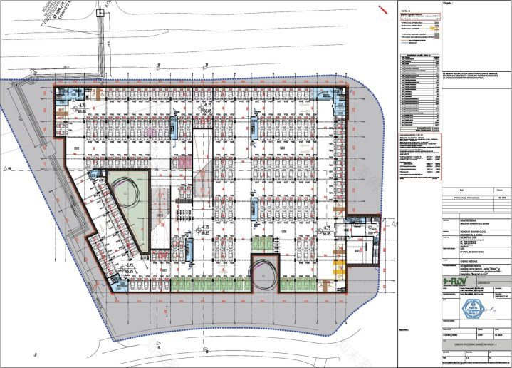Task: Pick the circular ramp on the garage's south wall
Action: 263,273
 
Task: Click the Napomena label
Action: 406,330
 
